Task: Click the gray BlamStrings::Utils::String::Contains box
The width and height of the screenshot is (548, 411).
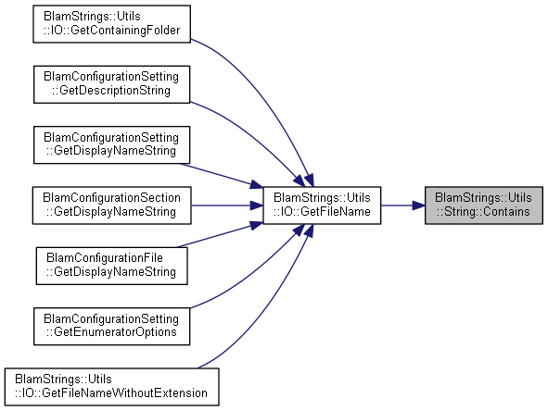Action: pyautogui.click(x=484, y=205)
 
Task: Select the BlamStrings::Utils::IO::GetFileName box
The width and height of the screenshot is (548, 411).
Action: pyautogui.click(x=322, y=205)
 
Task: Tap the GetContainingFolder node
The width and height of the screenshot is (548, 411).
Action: pyautogui.click(x=112, y=24)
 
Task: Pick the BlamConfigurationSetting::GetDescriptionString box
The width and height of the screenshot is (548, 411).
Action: pyautogui.click(x=112, y=84)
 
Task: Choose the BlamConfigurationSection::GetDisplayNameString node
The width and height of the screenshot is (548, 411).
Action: pyautogui.click(x=112, y=205)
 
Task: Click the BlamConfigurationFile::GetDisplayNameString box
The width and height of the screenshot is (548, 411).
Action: pyautogui.click(x=112, y=266)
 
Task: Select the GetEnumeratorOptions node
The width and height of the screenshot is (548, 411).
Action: pyautogui.click(x=112, y=326)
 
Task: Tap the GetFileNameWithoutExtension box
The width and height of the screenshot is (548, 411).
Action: pyautogui.click(x=112, y=387)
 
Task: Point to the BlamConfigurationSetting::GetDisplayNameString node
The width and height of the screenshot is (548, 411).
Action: pyautogui.click(x=112, y=144)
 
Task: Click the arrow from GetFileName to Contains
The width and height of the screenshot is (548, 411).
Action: pyautogui.click(x=402, y=205)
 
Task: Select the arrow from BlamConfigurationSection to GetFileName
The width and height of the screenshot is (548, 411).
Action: pyautogui.click(x=227, y=205)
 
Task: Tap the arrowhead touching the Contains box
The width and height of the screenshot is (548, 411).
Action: pyautogui.click(x=418, y=205)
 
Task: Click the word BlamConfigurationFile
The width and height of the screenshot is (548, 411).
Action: pyautogui.click(x=105, y=258)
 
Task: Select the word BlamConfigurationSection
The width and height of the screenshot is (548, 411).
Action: pyautogui.click(x=112, y=198)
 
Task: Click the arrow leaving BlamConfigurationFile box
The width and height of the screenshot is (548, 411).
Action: pyautogui.click(x=220, y=235)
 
